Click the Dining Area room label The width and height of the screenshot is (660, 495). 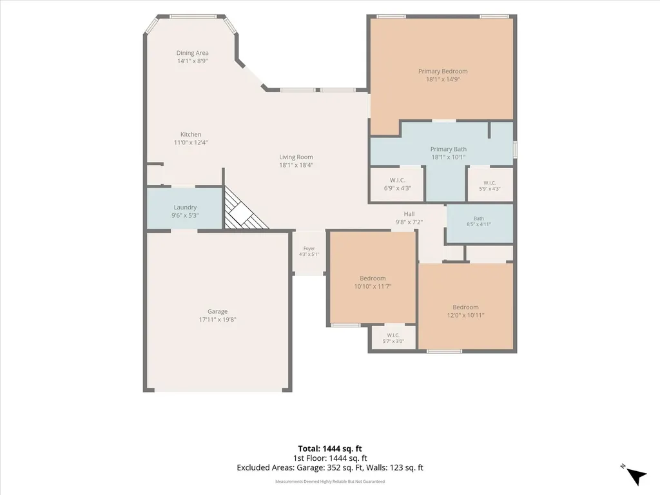(192, 53)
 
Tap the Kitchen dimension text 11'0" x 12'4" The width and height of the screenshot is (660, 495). (191, 142)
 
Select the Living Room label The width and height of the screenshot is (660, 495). (296, 157)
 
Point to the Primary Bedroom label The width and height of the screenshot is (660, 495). (443, 71)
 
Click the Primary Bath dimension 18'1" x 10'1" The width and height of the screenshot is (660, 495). (449, 157)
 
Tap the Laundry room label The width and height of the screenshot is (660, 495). (185, 208)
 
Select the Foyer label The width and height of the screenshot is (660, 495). (309, 249)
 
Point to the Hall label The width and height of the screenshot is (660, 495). (409, 214)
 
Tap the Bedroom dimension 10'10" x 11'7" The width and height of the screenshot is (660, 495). (373, 286)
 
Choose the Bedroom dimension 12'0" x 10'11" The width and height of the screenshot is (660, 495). (465, 315)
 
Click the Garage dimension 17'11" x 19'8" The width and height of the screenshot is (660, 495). (218, 320)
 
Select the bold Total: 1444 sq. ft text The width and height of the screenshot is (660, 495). (330, 449)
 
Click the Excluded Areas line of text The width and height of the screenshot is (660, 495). (330, 468)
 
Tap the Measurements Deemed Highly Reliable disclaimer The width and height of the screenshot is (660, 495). (330, 481)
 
